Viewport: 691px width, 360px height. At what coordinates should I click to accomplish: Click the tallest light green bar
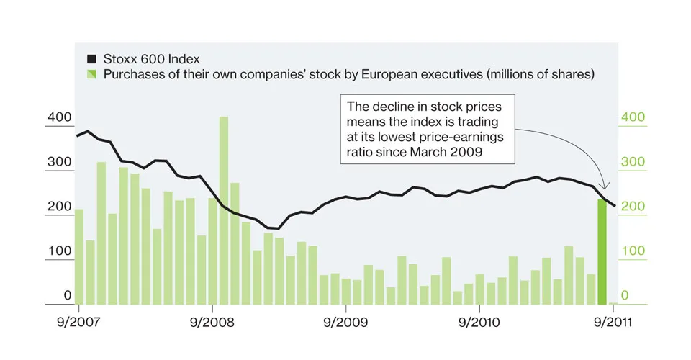coord(224,209)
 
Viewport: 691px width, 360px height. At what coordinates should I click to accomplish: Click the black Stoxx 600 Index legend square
coord(91,59)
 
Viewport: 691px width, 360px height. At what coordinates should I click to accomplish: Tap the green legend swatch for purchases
coord(91,74)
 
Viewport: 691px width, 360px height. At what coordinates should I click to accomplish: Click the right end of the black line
coord(614,206)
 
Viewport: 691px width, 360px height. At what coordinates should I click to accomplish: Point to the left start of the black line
coord(76,135)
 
